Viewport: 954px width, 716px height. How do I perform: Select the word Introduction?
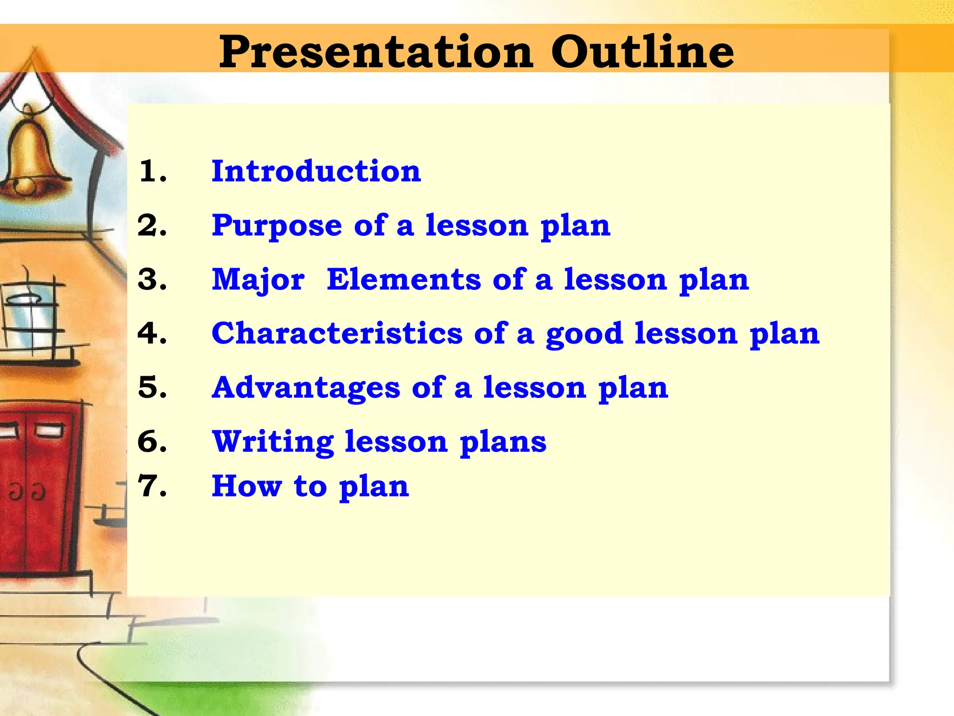[316, 171]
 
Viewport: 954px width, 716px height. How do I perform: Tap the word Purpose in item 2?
[277, 226]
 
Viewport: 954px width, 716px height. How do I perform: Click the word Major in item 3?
[258, 280]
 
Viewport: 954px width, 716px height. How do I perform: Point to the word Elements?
[403, 280]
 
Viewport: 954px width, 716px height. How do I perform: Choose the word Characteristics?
[337, 334]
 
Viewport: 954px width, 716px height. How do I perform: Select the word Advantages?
[306, 388]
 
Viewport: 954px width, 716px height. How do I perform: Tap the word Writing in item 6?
[273, 442]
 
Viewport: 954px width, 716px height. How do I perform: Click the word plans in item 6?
[503, 443]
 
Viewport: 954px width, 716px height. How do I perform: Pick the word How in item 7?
[247, 486]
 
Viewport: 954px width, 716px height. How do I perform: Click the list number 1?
[152, 171]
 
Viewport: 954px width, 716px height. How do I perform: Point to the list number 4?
[152, 334]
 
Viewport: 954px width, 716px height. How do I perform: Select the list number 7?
[152, 486]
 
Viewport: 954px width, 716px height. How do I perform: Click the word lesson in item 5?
[534, 388]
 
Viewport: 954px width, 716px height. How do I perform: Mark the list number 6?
[152, 442]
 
